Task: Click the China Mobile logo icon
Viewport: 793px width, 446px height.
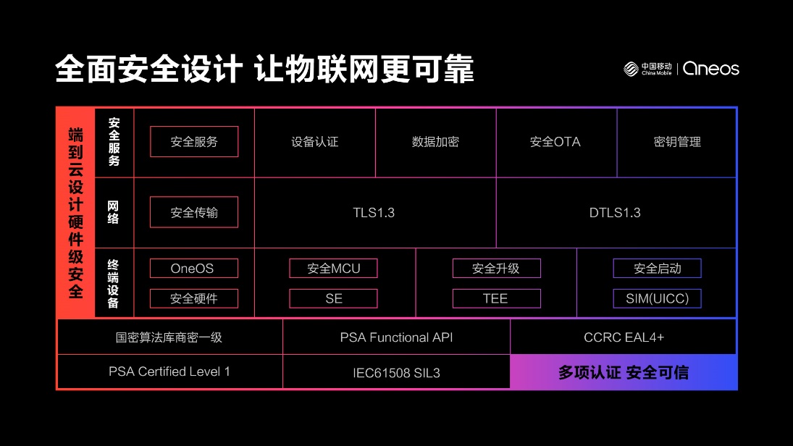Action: coord(631,69)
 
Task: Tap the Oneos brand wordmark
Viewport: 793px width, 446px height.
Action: coord(711,69)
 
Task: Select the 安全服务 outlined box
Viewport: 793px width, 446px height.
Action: coord(194,142)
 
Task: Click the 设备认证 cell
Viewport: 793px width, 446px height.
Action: coord(315,143)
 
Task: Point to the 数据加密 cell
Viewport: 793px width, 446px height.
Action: coord(435,143)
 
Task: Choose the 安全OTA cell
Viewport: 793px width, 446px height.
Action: coord(556,143)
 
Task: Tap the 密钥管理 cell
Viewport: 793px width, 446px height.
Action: coord(676,143)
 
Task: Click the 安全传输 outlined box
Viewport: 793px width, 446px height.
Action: coord(194,212)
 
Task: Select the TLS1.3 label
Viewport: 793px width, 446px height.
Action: coord(374,213)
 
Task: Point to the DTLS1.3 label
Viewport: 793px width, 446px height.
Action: coord(615,213)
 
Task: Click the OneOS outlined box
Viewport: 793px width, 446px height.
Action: coord(194,269)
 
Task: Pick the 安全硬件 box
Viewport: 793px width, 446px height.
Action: coord(194,299)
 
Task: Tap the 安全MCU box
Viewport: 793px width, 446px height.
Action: coord(333,269)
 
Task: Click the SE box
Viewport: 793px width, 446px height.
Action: coord(333,299)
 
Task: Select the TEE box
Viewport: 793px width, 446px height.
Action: coord(497,299)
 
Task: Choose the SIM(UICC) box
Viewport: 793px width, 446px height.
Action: coord(658,299)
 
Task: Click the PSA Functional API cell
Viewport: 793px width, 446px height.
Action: coord(397,337)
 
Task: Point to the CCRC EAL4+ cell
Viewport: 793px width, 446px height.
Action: coord(624,337)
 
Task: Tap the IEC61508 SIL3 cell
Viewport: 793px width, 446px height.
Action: coord(397,372)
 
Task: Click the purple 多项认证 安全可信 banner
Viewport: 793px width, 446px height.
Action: coord(624,372)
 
